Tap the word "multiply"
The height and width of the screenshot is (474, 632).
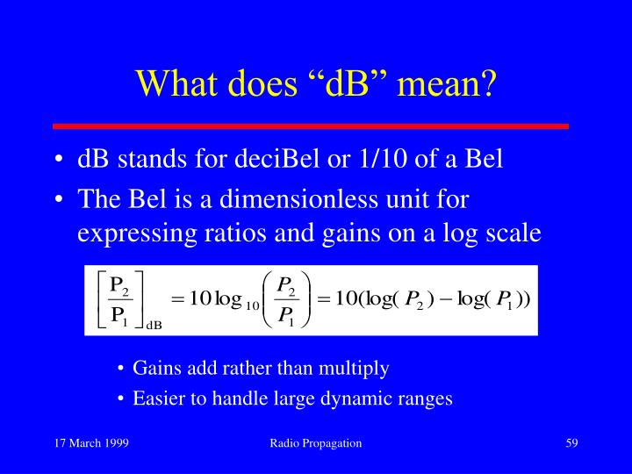pos(358,368)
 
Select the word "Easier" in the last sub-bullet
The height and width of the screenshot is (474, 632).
pos(156,398)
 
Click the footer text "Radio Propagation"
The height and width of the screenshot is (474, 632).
pos(316,443)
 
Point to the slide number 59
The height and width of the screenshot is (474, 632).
pos(571,443)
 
